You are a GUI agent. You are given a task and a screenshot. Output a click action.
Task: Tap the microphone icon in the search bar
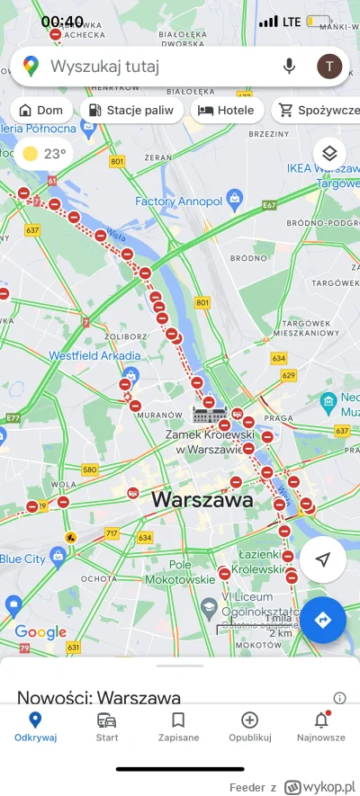click(289, 66)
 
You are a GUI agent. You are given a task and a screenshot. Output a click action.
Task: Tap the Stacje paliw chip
click(132, 111)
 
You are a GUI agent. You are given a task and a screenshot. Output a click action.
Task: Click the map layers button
click(329, 153)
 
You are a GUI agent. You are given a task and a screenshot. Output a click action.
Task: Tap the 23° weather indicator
click(44, 154)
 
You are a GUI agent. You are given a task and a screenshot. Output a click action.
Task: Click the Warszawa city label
click(202, 499)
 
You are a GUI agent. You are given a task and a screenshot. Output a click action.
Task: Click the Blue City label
click(22, 558)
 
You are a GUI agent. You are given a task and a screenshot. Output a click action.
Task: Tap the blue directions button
click(322, 619)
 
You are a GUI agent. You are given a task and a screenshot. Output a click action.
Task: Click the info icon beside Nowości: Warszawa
click(339, 697)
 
